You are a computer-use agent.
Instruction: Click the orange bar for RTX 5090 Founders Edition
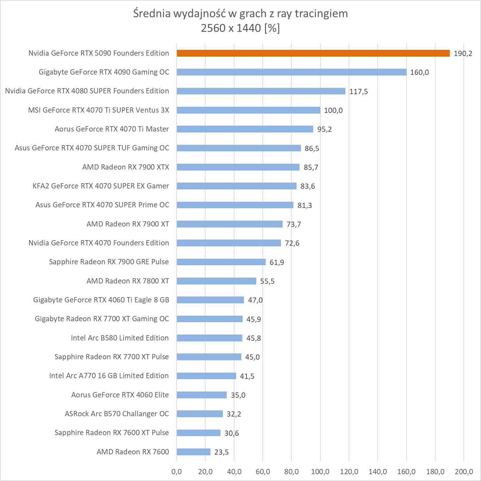tap(313, 53)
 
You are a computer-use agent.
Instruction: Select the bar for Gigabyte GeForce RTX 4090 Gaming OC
tap(291, 72)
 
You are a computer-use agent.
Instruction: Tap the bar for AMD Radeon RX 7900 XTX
tap(238, 167)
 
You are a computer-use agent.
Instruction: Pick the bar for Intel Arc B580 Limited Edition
tap(209, 338)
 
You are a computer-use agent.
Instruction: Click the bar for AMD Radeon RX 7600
tap(194, 452)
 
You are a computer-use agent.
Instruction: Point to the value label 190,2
tap(463, 54)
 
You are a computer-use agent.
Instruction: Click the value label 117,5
tap(358, 92)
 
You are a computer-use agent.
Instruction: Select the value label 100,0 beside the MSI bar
tap(333, 111)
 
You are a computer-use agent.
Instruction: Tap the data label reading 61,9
tap(276, 262)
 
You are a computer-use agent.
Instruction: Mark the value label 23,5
tap(221, 452)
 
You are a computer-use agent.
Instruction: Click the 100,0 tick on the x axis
tap(320, 472)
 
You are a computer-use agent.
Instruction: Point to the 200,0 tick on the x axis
tap(464, 472)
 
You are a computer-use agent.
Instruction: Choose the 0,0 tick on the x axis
tap(177, 472)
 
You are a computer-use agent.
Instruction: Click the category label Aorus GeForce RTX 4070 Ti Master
tap(112, 129)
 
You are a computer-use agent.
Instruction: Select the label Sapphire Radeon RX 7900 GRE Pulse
tap(109, 262)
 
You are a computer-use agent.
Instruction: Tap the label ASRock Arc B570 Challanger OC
tap(117, 414)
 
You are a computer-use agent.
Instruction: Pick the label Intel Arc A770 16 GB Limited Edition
tap(109, 376)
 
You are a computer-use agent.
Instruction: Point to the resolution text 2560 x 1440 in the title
tap(231, 28)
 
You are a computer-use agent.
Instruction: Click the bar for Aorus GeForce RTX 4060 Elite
tap(202, 395)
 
